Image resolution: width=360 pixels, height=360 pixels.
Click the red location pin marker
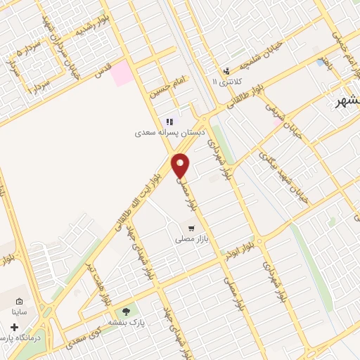click(x=181, y=165)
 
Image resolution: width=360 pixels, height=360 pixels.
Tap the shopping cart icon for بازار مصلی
click(x=191, y=229)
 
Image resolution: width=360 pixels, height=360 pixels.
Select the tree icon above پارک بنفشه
click(x=127, y=311)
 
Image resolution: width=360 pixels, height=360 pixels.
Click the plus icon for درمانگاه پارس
click(x=15, y=327)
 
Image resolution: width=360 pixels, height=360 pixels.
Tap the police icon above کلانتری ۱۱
click(x=226, y=71)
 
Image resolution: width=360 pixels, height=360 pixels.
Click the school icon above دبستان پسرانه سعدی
click(x=169, y=122)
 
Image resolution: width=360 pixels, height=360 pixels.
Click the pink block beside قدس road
click(x=123, y=73)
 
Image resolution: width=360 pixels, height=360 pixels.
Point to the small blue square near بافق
click(x=321, y=63)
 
